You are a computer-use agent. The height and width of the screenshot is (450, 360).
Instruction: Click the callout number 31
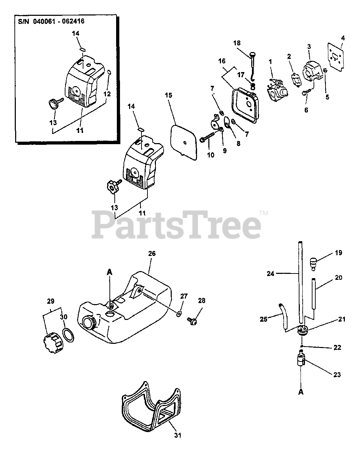click(x=178, y=435)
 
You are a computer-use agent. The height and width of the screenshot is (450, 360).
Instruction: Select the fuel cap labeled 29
click(x=52, y=341)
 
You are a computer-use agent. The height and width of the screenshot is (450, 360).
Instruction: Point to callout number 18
click(x=236, y=43)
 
